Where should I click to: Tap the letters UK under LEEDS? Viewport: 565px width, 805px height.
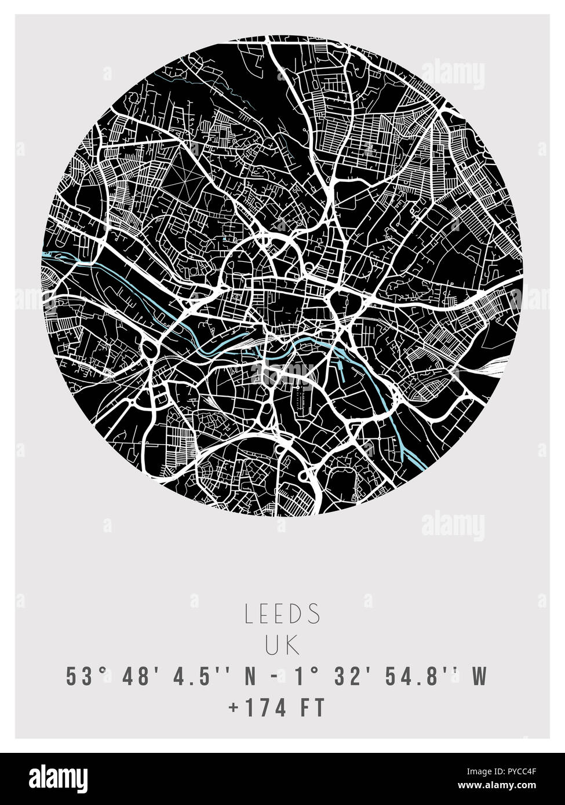[x=283, y=646]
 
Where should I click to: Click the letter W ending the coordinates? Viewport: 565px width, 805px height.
[x=480, y=676]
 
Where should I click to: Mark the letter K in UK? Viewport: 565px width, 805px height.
[x=294, y=646]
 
